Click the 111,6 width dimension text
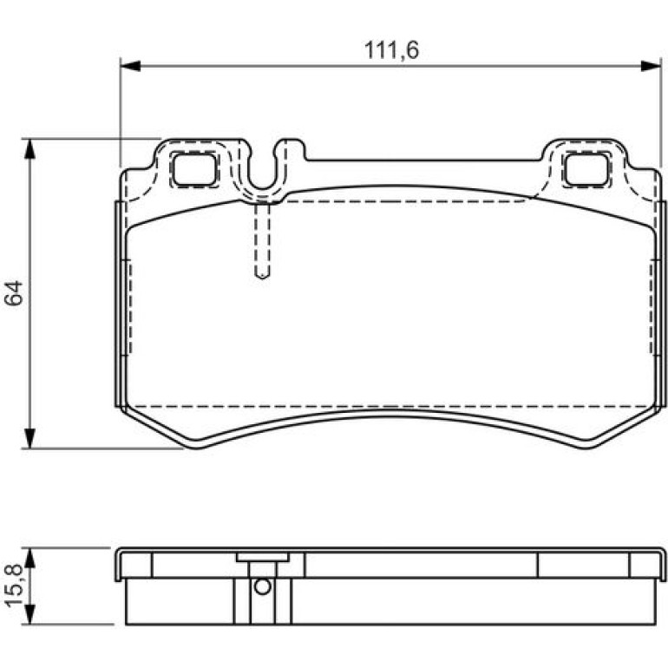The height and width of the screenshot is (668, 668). pos(391,49)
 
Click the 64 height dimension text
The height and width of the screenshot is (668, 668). pos(14,292)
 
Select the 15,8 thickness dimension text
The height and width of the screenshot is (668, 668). pos(14,585)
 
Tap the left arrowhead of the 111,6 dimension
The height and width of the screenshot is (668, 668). pos(130,66)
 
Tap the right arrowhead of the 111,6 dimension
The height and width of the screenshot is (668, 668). pos(651,66)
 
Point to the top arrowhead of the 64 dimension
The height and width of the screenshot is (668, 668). pos(29,148)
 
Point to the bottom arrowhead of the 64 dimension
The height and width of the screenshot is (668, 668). pos(29,438)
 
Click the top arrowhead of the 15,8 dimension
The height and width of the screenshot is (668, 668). pos(29,558)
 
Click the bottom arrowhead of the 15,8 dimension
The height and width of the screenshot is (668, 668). pos(29,615)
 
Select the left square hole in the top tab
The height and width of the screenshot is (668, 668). pos(194,169)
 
